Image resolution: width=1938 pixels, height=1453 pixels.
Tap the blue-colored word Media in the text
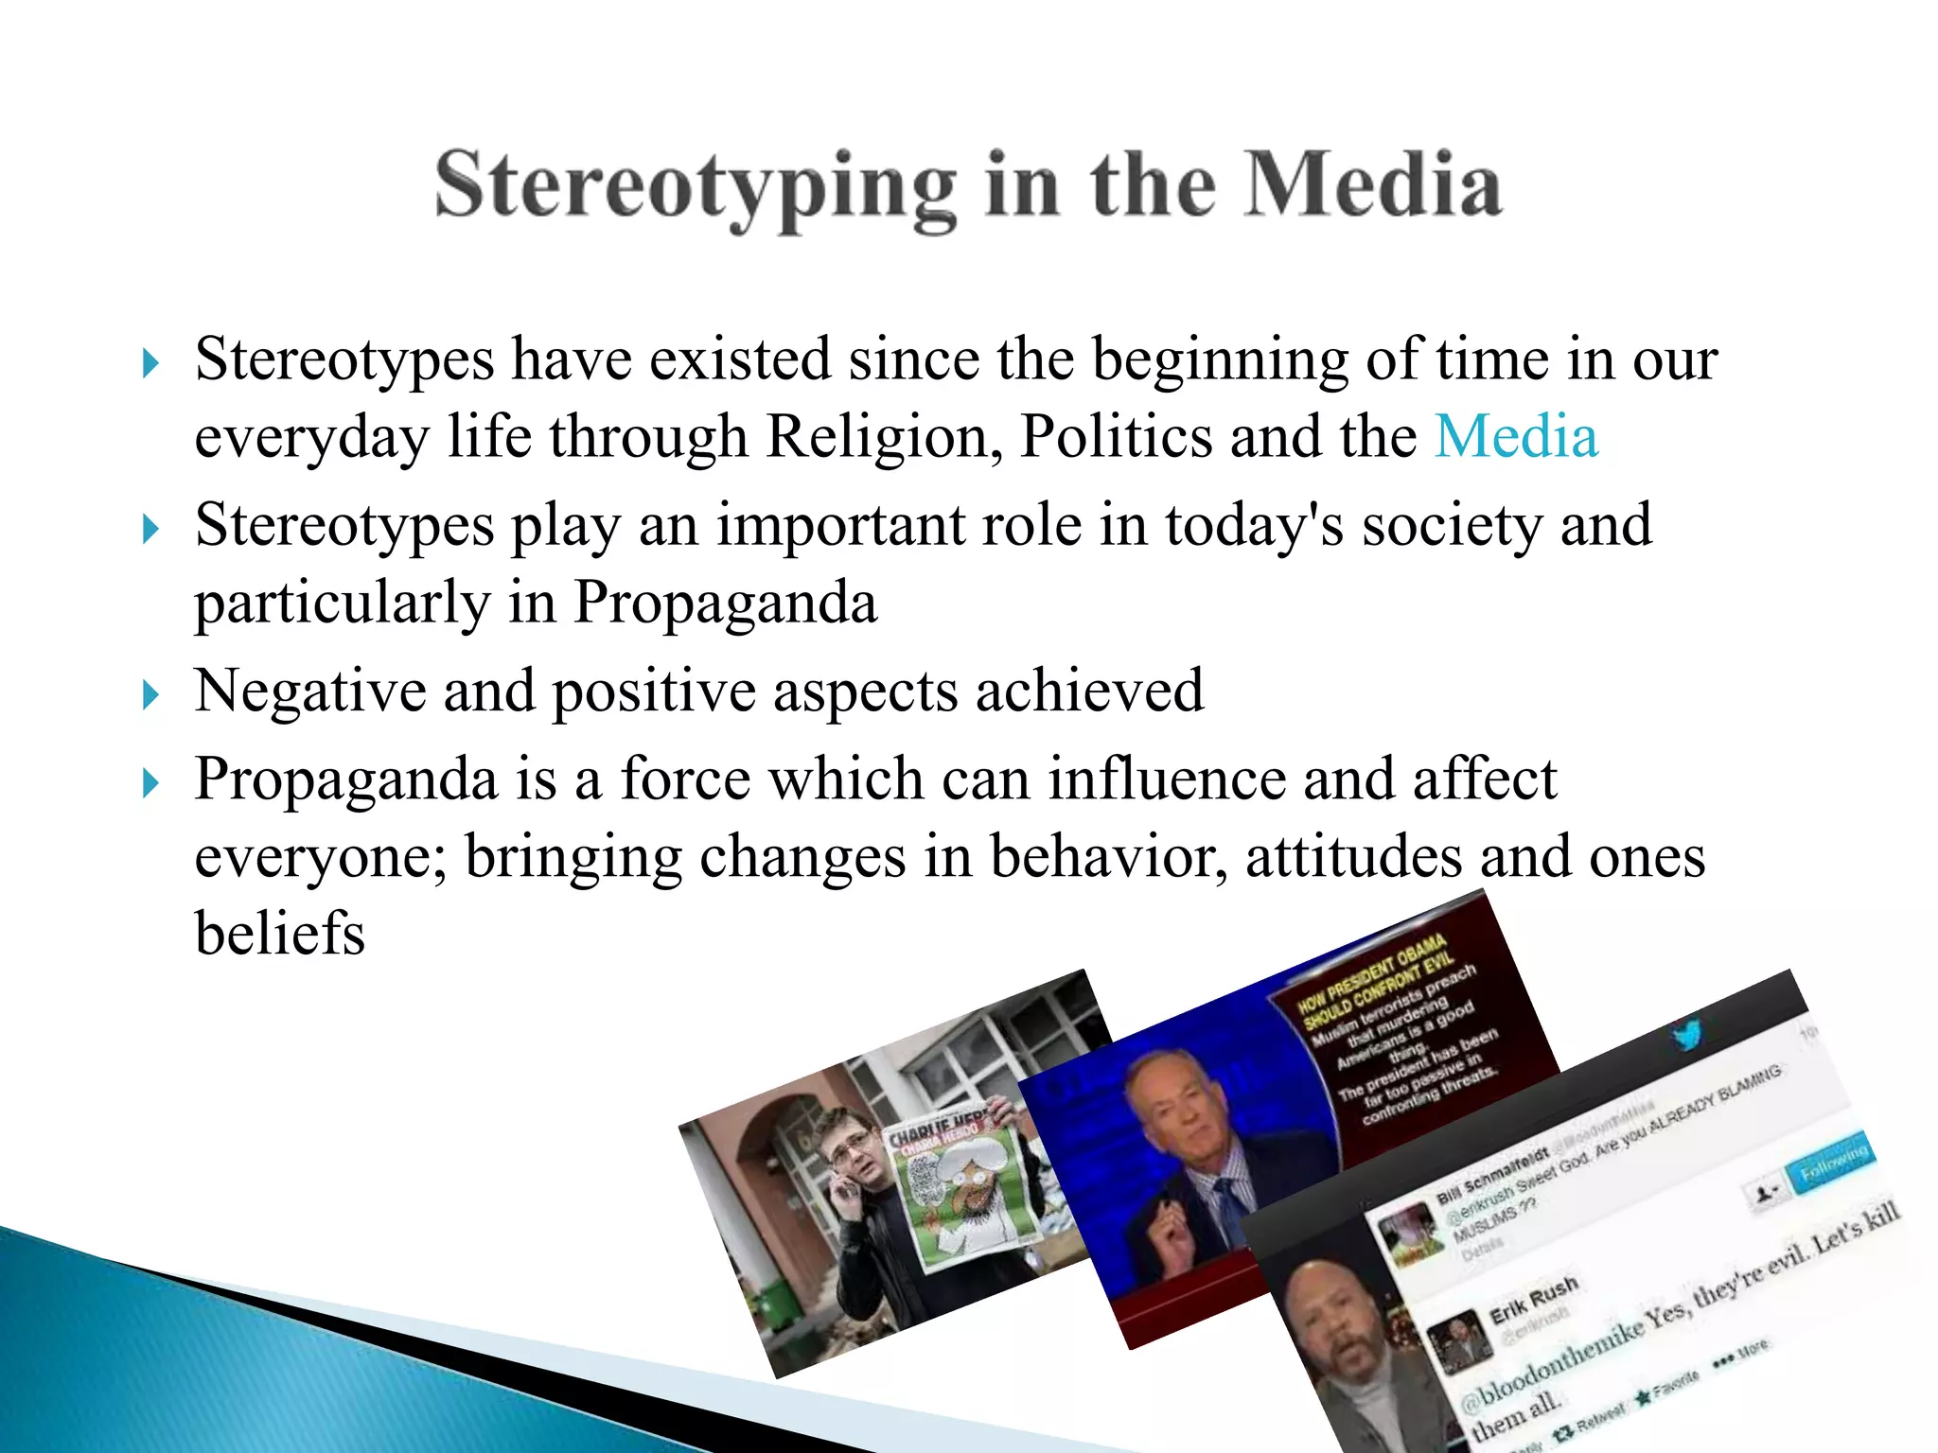click(x=1516, y=437)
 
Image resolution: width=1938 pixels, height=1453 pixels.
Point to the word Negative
click(x=309, y=691)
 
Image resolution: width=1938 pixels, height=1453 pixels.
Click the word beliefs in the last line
click(x=280, y=934)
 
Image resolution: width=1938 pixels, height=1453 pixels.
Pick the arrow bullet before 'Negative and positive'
click(x=150, y=696)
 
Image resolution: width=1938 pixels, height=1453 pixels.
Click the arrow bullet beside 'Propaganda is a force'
click(x=150, y=784)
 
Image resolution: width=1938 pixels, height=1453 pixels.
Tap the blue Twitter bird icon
click(x=1687, y=1033)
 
